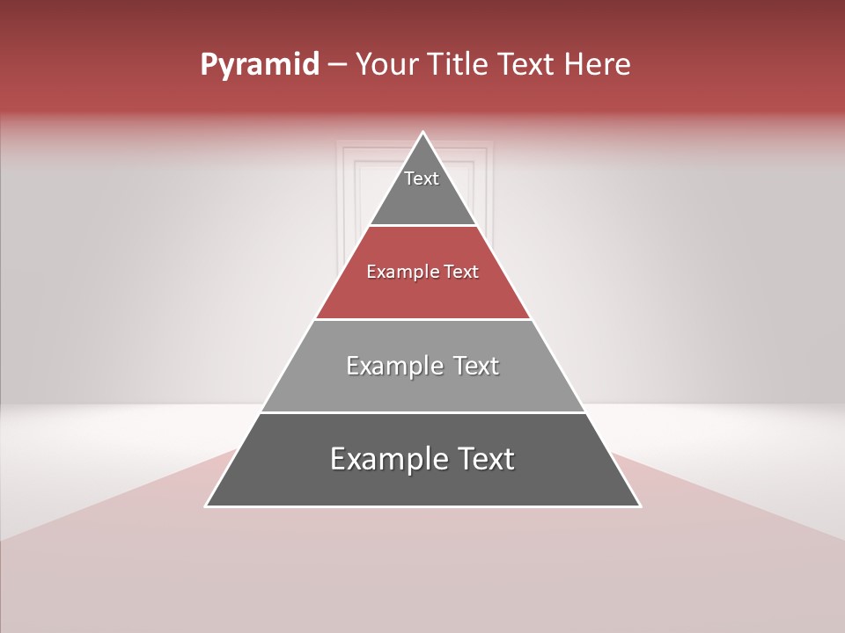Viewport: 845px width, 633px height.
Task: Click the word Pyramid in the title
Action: [x=259, y=65]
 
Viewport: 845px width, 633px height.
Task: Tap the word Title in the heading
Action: [x=462, y=64]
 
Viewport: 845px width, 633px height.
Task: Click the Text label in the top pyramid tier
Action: [x=422, y=178]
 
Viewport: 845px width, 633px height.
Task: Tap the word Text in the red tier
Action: [x=461, y=273]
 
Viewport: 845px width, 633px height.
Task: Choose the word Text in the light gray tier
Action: [x=476, y=366]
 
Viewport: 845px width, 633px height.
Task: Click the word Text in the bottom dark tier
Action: [x=486, y=459]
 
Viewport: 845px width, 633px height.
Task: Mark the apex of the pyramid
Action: [x=423, y=133]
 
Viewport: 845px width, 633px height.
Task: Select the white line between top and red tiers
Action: [x=423, y=225]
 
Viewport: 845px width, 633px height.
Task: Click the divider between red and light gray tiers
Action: [x=423, y=319]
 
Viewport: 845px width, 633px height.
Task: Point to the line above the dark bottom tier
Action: [x=423, y=412]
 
